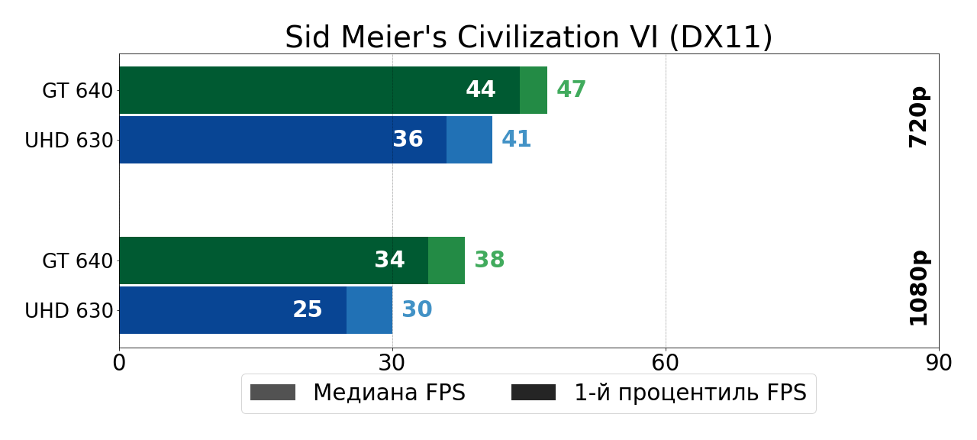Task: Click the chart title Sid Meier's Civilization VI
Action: click(x=528, y=37)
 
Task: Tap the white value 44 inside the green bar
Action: click(x=481, y=90)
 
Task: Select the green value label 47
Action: click(x=571, y=90)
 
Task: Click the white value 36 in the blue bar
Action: click(x=408, y=140)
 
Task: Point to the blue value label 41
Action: click(x=516, y=140)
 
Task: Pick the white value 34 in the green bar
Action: click(x=389, y=260)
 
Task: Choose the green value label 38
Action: click(x=489, y=260)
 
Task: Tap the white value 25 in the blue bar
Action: click(x=308, y=310)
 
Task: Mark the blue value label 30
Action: click(x=417, y=310)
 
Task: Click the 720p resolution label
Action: click(x=918, y=117)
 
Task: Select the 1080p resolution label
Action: click(x=918, y=287)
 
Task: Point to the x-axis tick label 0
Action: click(x=119, y=363)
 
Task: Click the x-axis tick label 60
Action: click(x=666, y=363)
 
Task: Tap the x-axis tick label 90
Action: click(x=938, y=363)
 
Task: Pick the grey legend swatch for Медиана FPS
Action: click(x=272, y=393)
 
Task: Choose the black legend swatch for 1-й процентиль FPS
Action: click(x=534, y=393)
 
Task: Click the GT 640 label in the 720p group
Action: click(x=77, y=91)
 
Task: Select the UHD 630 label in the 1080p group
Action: click(x=69, y=311)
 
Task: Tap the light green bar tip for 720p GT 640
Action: click(x=534, y=90)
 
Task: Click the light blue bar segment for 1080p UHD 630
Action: click(x=369, y=310)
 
